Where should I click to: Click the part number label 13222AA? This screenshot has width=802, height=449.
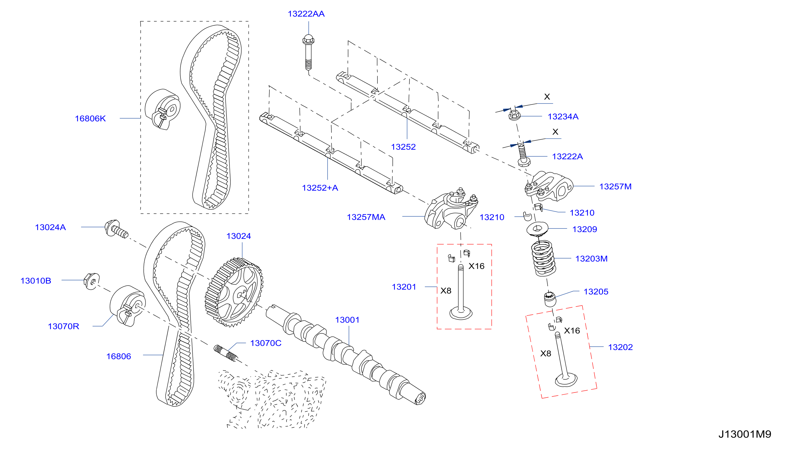click(306, 14)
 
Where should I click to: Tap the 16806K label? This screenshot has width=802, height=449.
click(90, 119)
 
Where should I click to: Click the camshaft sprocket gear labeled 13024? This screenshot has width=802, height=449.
click(234, 292)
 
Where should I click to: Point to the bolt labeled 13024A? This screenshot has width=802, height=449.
click(116, 229)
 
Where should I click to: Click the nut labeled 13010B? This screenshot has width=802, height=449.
click(92, 281)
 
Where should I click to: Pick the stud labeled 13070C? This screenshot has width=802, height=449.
click(226, 353)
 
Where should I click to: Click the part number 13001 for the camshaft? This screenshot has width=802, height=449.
click(347, 320)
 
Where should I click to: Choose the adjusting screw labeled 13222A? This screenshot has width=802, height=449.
click(523, 155)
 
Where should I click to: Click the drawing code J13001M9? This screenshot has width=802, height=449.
click(745, 434)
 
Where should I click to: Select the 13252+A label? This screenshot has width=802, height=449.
click(320, 188)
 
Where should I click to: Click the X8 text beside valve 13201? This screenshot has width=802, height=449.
click(446, 291)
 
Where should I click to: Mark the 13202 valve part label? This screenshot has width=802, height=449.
click(620, 347)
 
